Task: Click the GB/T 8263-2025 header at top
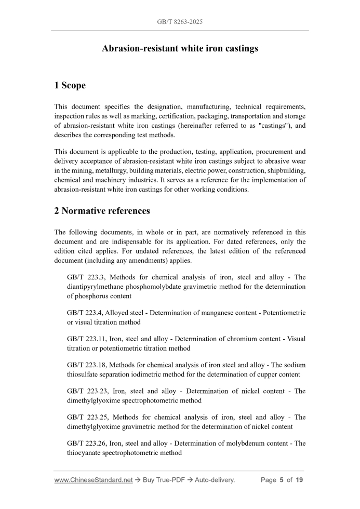180,23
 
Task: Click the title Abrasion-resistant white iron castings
180,49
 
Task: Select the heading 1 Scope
70,85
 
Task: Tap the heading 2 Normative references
102,211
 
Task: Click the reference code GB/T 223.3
86,277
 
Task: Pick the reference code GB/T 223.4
86,313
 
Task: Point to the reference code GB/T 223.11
88,339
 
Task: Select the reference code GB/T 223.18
88,365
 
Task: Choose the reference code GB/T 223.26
88,444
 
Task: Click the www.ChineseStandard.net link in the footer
94,480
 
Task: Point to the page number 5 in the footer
281,480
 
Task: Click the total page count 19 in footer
299,480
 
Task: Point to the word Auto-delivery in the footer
215,480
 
